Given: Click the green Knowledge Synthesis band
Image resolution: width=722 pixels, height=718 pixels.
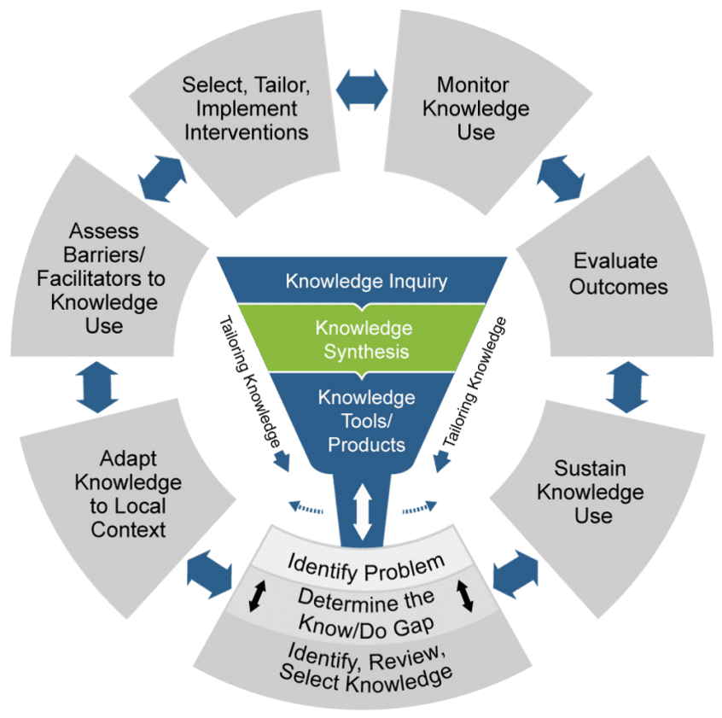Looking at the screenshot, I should click(x=363, y=339).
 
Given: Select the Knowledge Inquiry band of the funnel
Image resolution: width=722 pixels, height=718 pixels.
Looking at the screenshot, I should click(x=365, y=281).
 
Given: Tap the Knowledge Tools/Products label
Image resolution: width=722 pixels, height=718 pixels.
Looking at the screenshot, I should click(x=366, y=420).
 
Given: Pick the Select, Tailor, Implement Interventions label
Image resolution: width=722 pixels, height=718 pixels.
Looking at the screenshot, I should click(x=247, y=108).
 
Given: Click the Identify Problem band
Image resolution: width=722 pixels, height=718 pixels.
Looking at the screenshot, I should click(x=366, y=563).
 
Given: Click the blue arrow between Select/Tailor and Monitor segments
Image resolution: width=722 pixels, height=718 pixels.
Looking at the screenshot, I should click(x=363, y=85).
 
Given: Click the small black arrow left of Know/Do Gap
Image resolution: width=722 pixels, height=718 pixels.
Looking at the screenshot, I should click(x=253, y=598).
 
